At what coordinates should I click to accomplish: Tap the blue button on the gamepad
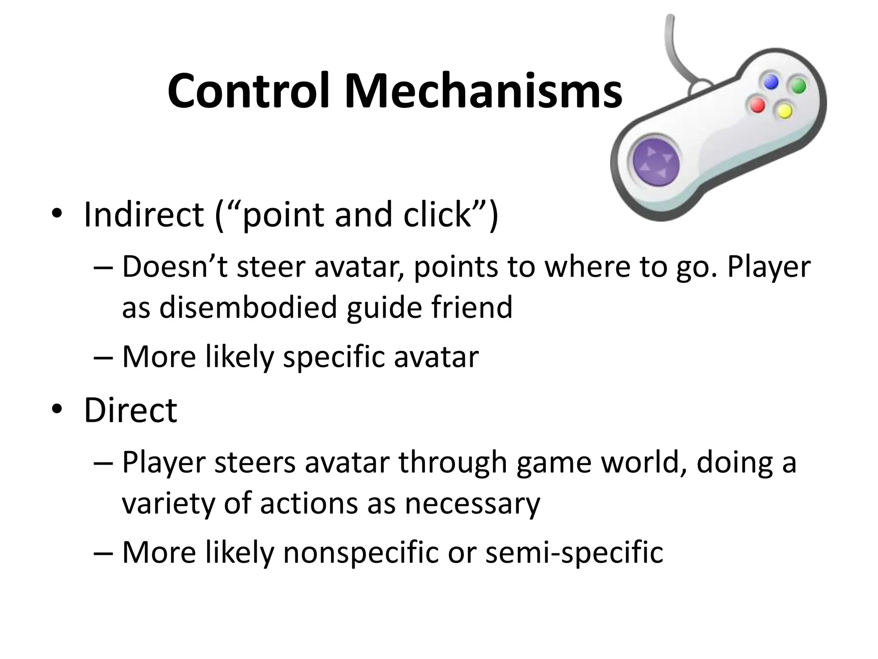click(x=771, y=82)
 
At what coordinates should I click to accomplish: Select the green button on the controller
click(x=798, y=85)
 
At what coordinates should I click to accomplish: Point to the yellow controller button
click(x=785, y=111)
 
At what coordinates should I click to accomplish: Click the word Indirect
click(x=144, y=214)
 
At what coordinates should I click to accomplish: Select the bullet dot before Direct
click(x=56, y=410)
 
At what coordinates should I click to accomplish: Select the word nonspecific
click(x=361, y=552)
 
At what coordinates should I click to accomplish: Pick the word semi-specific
click(x=574, y=552)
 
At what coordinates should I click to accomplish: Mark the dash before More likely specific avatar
click(x=103, y=357)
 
